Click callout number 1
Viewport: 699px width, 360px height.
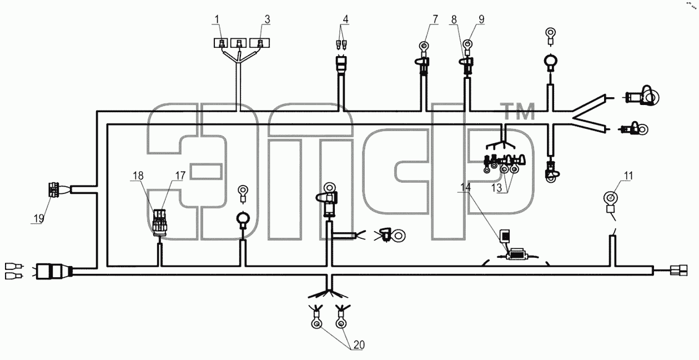[x=217, y=19]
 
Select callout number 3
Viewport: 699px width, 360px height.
[x=267, y=19]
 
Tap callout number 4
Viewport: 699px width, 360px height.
[x=345, y=19]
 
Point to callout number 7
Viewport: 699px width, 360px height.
[x=435, y=19]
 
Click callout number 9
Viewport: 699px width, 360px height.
[x=481, y=19]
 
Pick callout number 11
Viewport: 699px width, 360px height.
[x=628, y=176]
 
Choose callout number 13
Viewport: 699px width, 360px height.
[x=496, y=188]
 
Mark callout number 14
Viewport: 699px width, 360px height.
[x=465, y=187]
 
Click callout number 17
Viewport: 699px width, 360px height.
[x=180, y=176]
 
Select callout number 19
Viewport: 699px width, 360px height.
[x=39, y=218]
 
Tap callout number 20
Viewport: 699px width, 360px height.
[x=359, y=345]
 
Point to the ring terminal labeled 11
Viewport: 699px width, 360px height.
[x=611, y=197]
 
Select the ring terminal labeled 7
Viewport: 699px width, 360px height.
[x=424, y=47]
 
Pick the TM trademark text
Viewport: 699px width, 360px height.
[x=517, y=112]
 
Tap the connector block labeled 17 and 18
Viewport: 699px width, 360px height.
[x=159, y=222]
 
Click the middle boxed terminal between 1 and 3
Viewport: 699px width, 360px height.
[x=239, y=43]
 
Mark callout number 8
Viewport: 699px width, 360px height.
[x=454, y=19]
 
